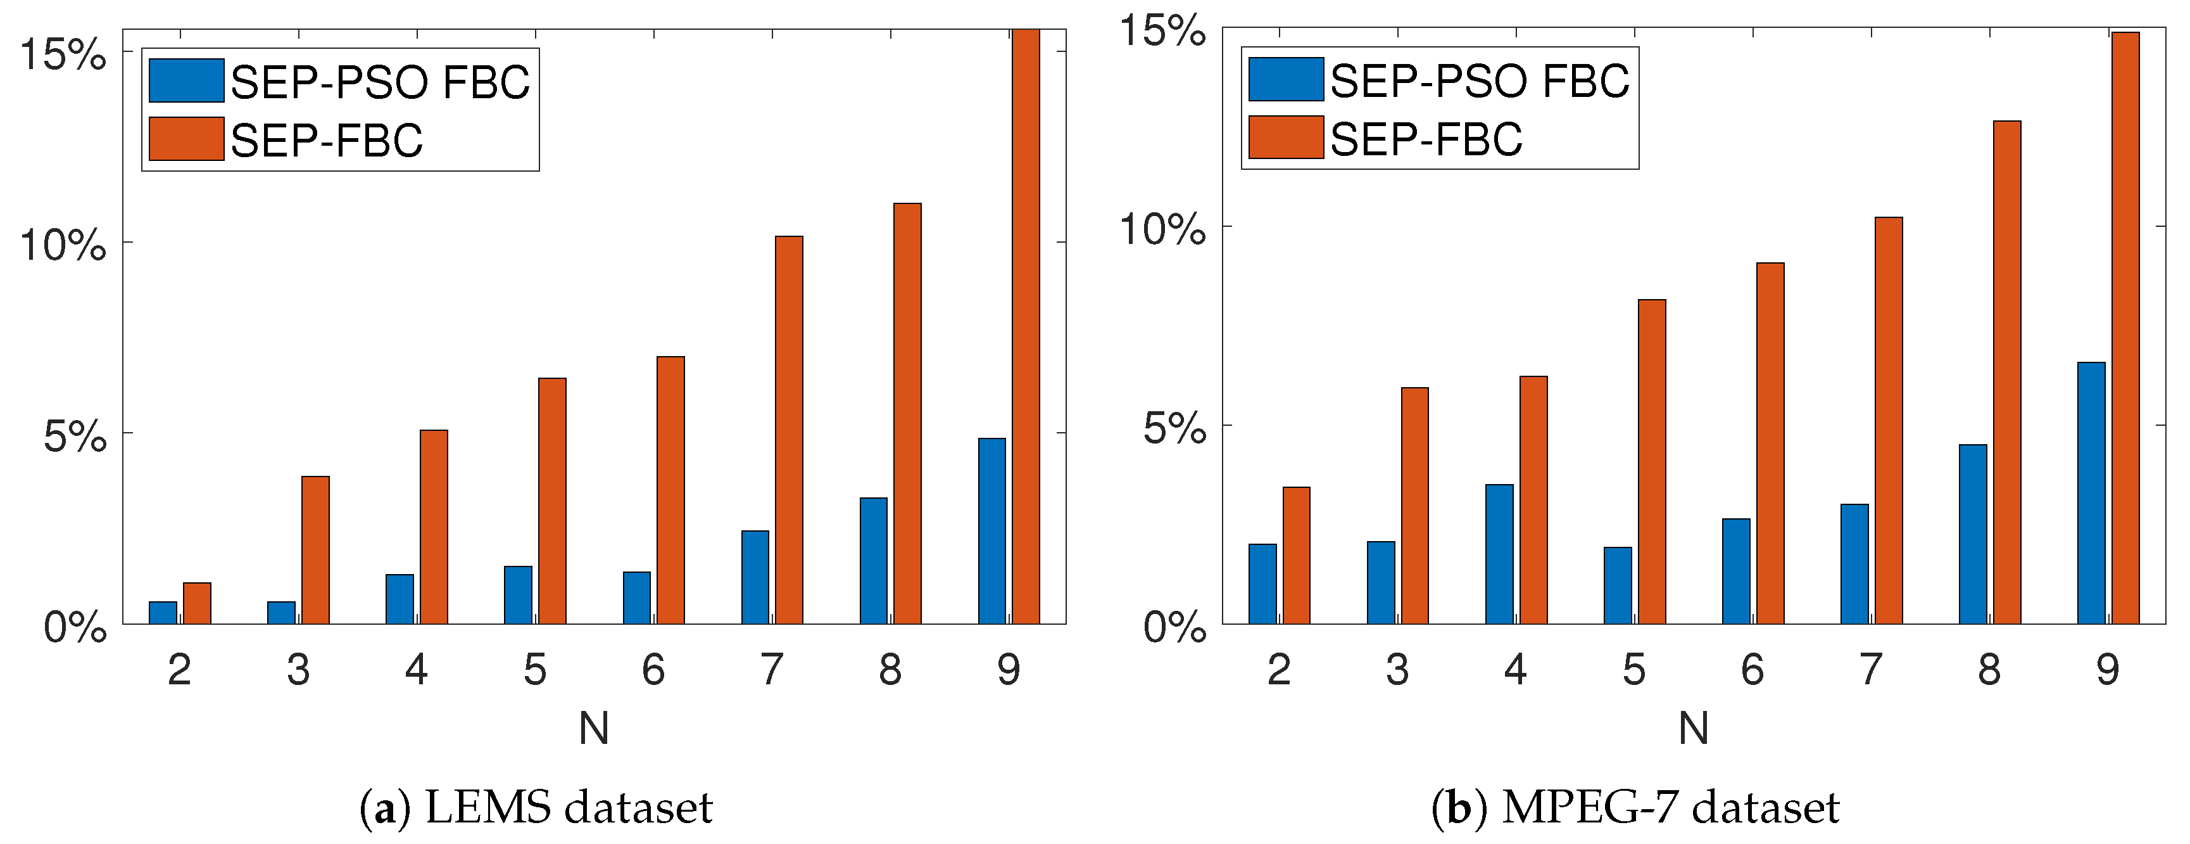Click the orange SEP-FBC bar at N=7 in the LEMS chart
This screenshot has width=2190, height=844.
(789, 430)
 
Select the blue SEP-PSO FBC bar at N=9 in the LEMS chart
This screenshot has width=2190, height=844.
(991, 531)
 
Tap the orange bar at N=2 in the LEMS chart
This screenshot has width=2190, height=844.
(196, 603)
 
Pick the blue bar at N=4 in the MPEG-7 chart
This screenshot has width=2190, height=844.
(1499, 554)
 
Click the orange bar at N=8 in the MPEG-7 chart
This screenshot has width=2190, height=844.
(2006, 372)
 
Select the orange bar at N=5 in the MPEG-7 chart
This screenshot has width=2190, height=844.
(1651, 461)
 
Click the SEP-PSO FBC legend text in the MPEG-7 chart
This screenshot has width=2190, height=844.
(1479, 81)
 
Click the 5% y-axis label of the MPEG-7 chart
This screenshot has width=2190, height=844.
(1173, 428)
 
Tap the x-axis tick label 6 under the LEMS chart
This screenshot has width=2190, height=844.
(653, 670)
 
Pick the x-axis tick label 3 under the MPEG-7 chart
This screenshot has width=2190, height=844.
(1397, 670)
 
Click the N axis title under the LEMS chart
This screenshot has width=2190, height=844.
(593, 728)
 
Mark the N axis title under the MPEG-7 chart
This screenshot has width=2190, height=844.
(1692, 728)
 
